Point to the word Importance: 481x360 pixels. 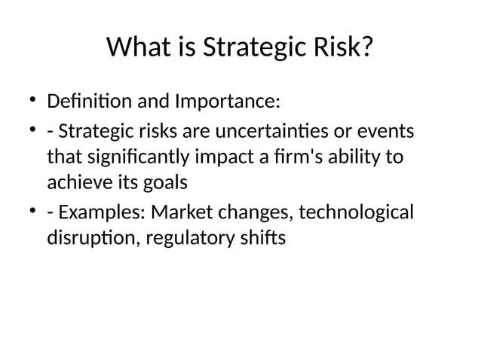(227, 100)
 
